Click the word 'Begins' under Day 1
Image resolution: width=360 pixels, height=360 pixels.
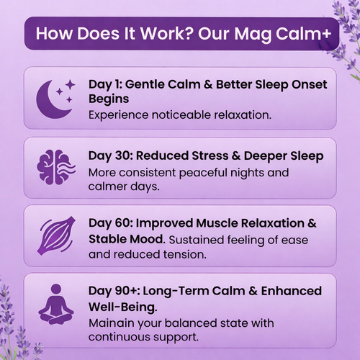click(107, 99)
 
